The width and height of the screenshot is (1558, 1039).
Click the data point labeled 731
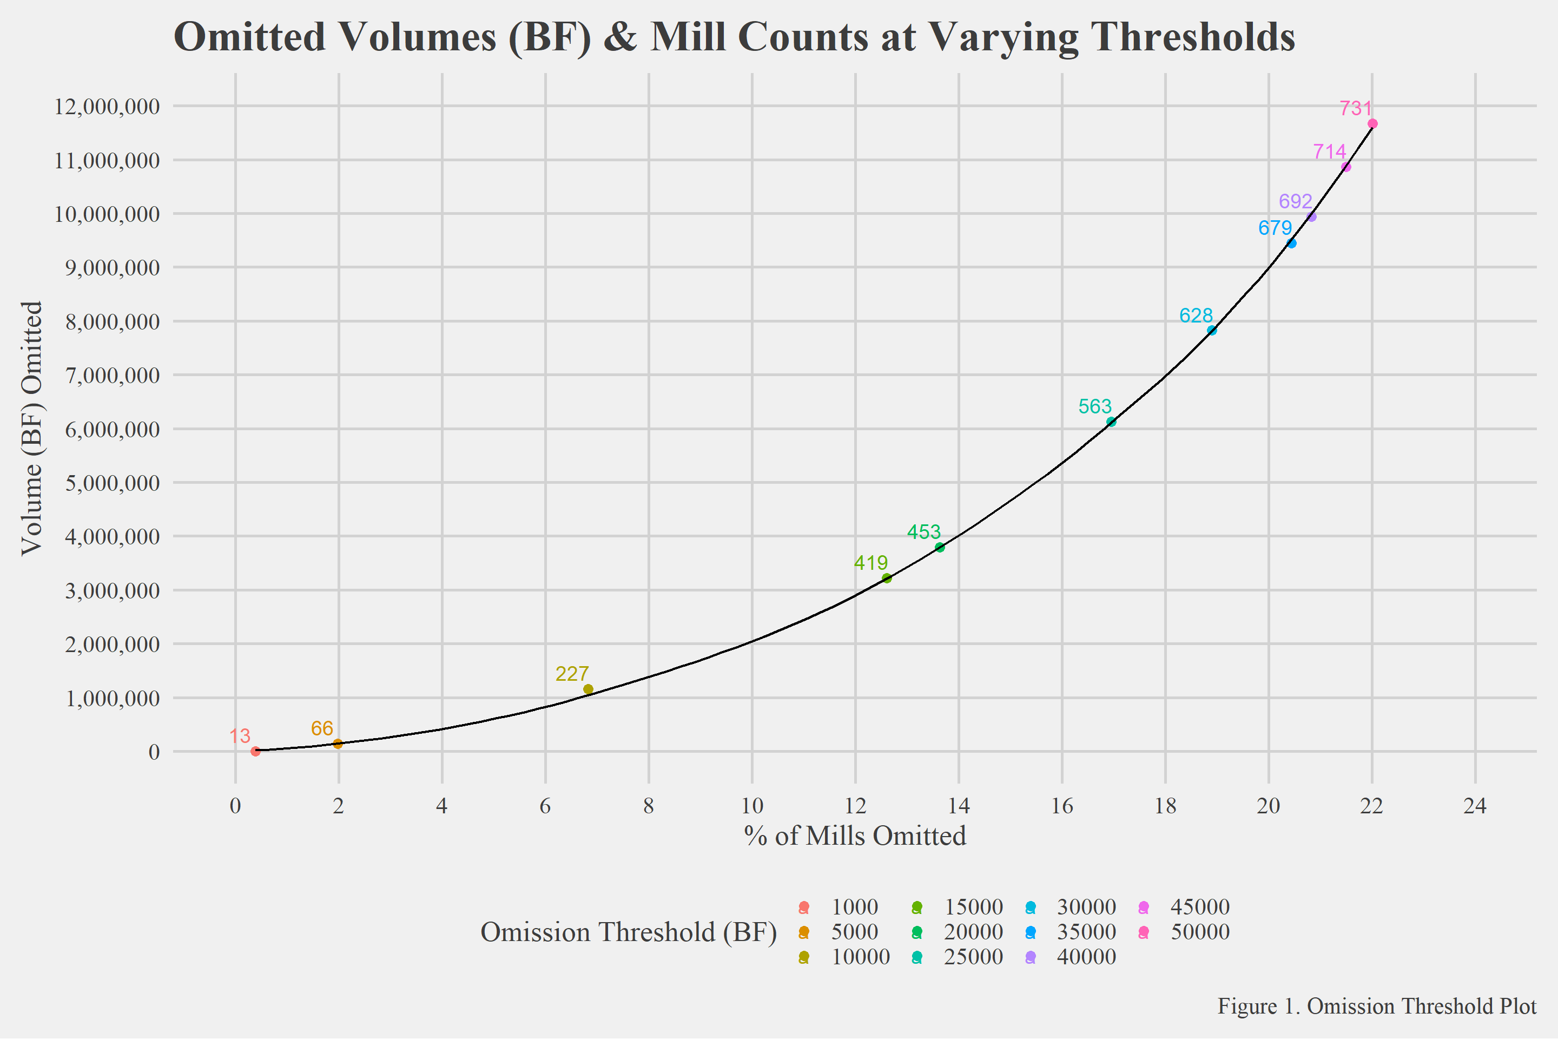[1372, 124]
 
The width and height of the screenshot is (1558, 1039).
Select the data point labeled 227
[587, 689]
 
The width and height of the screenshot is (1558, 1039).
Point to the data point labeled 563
[1111, 422]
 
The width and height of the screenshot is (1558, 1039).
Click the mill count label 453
[923, 532]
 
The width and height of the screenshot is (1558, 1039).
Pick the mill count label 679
[1275, 228]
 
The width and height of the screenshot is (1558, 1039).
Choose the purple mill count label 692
[1295, 201]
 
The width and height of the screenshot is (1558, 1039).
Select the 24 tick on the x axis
[1475, 806]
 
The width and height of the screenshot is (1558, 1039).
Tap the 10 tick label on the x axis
[752, 806]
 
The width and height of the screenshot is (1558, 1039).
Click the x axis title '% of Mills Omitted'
[855, 836]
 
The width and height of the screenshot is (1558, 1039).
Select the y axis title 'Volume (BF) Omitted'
[32, 428]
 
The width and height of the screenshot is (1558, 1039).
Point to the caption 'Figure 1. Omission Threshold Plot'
[1376, 1006]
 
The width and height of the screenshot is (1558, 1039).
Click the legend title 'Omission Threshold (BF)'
[628, 932]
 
